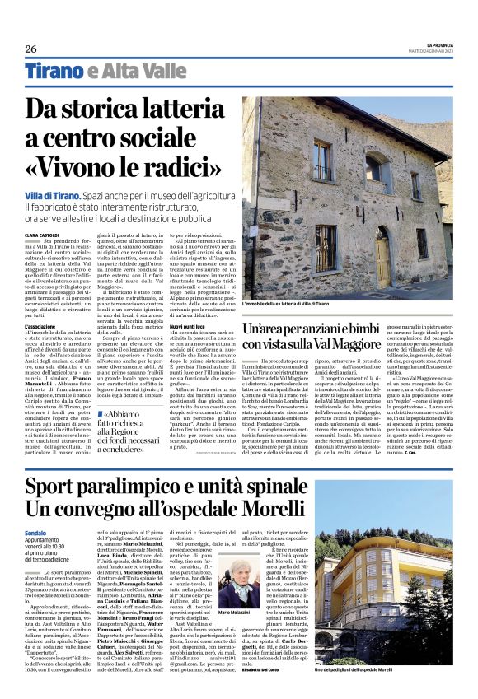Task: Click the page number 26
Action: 30,48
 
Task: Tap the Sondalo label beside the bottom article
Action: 38,533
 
